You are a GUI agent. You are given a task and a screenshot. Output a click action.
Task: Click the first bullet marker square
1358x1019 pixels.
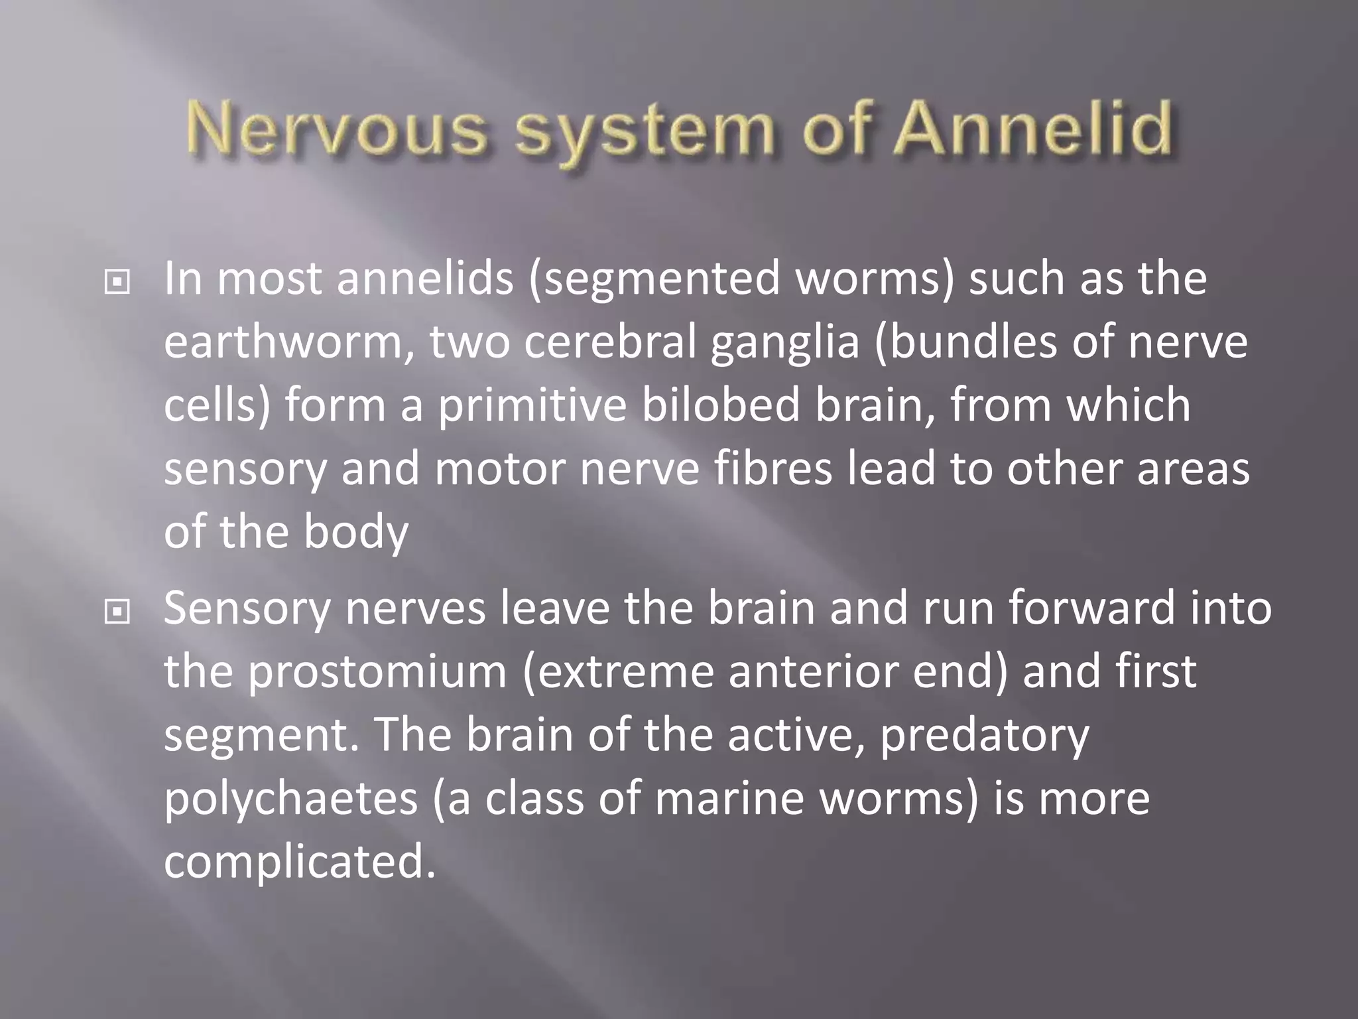(x=117, y=283)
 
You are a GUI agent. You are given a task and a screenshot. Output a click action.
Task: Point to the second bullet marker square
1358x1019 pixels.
(x=117, y=612)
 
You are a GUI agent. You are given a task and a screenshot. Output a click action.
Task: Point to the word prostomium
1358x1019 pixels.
(x=377, y=673)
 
